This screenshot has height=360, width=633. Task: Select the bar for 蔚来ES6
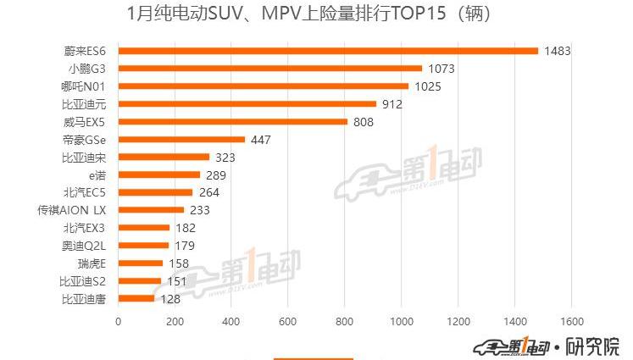click(x=328, y=51)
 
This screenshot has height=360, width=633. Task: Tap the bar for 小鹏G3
click(x=269, y=69)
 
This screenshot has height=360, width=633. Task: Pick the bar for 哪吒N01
click(x=263, y=86)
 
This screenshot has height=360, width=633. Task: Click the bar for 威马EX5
click(x=232, y=122)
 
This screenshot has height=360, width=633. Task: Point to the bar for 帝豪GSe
click(x=181, y=140)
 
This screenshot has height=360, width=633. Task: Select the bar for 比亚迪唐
click(x=136, y=298)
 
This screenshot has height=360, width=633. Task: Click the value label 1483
click(x=558, y=51)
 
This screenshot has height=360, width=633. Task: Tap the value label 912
click(x=391, y=104)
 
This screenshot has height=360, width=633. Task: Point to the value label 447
click(x=260, y=140)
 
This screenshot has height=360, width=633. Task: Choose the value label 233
click(x=200, y=210)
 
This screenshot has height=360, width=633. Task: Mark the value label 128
click(x=170, y=298)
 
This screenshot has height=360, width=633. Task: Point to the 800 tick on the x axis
click(x=344, y=322)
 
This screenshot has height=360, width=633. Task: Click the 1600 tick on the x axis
click(x=571, y=322)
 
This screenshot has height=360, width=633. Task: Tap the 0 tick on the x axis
click(x=118, y=322)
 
